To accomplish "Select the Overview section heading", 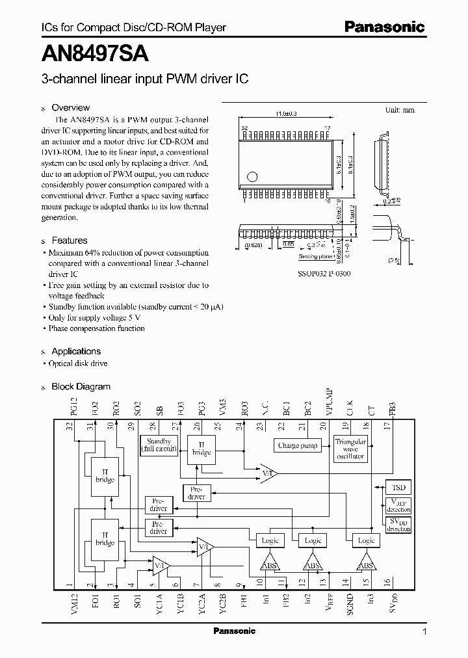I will [x=70, y=108].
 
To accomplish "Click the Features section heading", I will [x=69, y=241].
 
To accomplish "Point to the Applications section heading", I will [x=75, y=351].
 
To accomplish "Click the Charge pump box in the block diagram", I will [x=298, y=446].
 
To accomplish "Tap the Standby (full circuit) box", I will [x=159, y=445].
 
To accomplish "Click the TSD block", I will [x=398, y=487].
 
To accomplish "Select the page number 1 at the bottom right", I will [x=424, y=631].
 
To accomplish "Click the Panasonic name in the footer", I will [x=235, y=631].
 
